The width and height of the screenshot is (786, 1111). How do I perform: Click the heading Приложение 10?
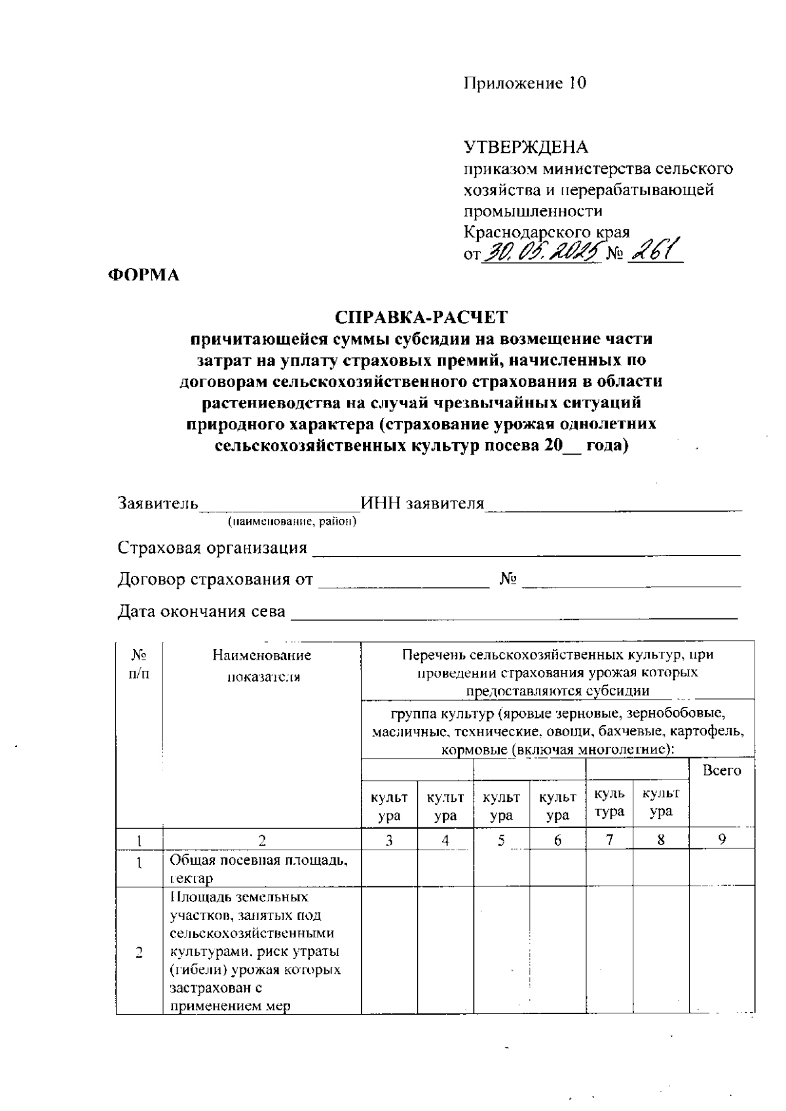[525, 83]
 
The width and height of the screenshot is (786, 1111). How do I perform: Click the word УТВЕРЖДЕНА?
[526, 147]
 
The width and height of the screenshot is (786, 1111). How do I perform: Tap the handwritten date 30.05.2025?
[542, 250]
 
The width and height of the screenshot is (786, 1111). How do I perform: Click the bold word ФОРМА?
[143, 275]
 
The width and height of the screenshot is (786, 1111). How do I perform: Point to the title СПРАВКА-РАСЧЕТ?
[421, 317]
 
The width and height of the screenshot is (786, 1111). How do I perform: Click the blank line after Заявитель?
[280, 504]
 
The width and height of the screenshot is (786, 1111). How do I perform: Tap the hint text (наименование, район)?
[291, 522]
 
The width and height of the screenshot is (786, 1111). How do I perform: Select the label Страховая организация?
[212, 548]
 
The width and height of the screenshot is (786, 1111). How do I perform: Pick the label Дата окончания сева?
[202, 612]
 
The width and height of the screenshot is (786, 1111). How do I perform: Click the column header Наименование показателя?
[262, 666]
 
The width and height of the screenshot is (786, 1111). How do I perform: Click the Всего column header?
[721, 770]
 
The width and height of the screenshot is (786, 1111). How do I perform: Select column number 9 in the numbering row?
[721, 839]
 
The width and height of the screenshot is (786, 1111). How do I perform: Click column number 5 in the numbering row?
[501, 839]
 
